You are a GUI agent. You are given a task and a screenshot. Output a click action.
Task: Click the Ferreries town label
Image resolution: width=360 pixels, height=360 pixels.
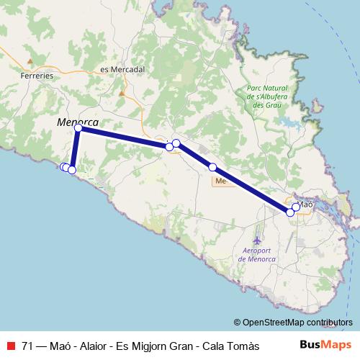coord(38,75)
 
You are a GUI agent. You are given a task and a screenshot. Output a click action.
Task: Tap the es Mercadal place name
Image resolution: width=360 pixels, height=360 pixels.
coord(123,69)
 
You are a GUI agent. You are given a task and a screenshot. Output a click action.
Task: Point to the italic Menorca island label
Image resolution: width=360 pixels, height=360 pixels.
coord(78,122)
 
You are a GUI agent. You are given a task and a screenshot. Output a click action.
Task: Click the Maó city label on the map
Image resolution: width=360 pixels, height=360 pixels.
coord(306,204)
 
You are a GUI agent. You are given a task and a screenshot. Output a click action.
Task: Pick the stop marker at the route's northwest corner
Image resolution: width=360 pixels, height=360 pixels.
coord(78,128)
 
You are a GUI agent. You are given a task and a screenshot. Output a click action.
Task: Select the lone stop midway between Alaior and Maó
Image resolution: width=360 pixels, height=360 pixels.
coord(212,167)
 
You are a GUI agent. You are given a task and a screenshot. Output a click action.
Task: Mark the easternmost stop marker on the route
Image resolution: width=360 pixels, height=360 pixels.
coord(296,207)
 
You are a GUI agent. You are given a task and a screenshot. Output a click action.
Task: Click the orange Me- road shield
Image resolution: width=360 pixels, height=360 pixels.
coord(220,181)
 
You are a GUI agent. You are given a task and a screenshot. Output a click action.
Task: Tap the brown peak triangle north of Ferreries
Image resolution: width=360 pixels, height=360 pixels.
coord(29,61)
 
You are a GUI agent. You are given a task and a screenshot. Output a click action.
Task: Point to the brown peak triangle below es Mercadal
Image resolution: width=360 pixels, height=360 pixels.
coord(122,93)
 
